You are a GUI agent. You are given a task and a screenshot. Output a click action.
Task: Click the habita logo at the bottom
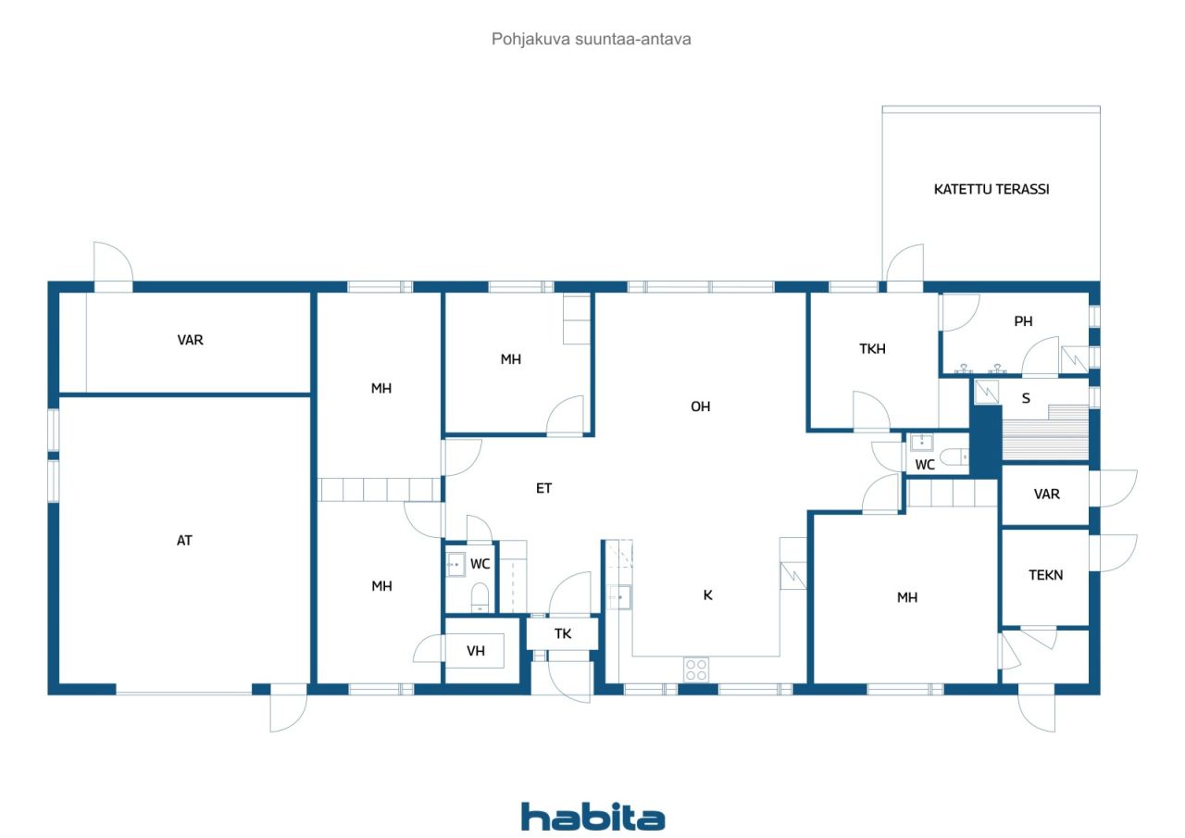(592, 817)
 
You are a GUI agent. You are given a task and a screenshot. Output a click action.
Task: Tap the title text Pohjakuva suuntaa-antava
(591, 39)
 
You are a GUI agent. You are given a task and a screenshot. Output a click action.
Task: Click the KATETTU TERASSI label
(991, 190)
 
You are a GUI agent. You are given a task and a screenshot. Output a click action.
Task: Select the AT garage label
(184, 540)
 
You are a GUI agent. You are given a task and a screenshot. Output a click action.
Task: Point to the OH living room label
(701, 406)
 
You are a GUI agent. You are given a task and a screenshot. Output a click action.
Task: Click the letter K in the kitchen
(708, 595)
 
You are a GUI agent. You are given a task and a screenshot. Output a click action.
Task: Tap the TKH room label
(872, 349)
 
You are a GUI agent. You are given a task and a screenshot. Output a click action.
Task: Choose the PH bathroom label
(1023, 321)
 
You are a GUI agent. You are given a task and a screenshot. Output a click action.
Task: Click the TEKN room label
(1045, 574)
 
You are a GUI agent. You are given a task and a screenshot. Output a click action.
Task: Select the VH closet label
(476, 651)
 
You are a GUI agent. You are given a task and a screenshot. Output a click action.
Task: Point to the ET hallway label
(543, 488)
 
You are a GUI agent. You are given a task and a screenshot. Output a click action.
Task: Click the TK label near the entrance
(562, 633)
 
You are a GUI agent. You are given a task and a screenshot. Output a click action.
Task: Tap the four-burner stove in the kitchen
(696, 669)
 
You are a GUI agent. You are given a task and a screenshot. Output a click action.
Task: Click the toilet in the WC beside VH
(480, 596)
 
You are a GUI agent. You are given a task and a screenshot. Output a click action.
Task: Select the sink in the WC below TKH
(921, 443)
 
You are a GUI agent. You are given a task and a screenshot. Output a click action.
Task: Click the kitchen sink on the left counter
(619, 597)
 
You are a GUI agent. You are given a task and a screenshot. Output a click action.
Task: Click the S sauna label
(1026, 398)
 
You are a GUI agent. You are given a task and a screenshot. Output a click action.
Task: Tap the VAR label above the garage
(190, 340)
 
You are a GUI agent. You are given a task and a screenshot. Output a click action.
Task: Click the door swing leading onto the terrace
(905, 263)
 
